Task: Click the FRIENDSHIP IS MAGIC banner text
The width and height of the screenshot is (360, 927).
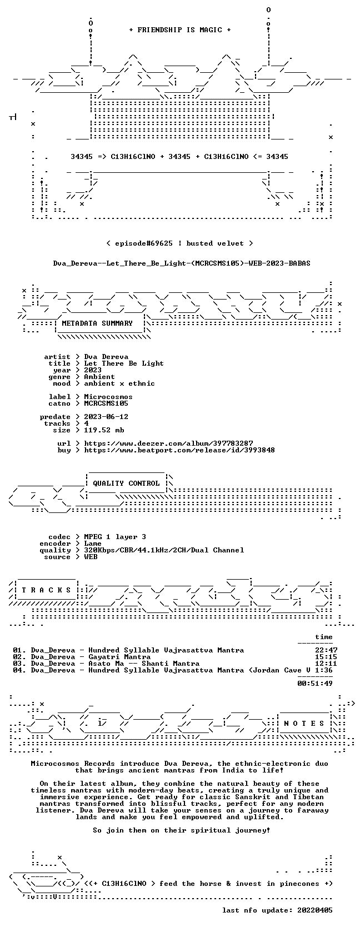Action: (180, 30)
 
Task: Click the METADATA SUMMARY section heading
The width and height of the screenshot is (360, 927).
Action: (97, 323)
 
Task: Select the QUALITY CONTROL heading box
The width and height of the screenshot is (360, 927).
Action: (126, 484)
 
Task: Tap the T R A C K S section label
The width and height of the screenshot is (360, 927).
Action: (46, 590)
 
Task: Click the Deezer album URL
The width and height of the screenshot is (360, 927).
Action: (168, 443)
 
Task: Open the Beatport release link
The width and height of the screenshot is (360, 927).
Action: (179, 450)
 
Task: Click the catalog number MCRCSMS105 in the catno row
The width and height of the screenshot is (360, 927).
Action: (106, 403)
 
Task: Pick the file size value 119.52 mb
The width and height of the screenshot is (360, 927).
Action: (104, 430)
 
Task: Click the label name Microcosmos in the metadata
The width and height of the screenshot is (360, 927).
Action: (108, 396)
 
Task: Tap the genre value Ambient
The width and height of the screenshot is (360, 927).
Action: (99, 377)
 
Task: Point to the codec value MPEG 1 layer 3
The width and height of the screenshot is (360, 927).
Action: (115, 537)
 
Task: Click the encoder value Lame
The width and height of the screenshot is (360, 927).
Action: (93, 544)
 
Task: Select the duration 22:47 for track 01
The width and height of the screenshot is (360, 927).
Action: (326, 650)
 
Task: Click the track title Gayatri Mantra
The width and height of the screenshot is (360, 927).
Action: (119, 657)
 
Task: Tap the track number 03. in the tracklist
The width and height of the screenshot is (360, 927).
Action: (19, 664)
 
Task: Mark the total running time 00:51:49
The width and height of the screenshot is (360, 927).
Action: (315, 683)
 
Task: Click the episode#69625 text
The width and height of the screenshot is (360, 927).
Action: (143, 243)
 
